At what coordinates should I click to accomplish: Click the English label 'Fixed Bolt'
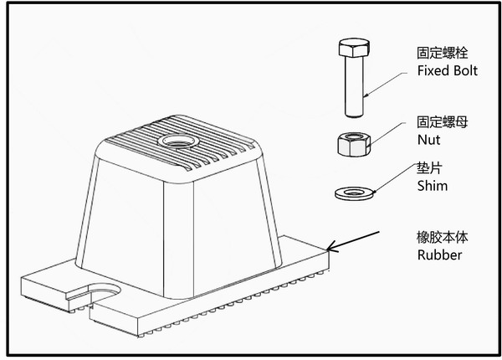pyautogui.click(x=447, y=70)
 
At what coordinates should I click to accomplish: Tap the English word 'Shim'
pyautogui.click(x=432, y=186)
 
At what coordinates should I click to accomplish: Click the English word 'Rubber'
pyautogui.click(x=438, y=255)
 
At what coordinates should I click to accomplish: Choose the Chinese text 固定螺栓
pyautogui.click(x=442, y=52)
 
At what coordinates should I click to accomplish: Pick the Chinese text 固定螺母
pyautogui.click(x=442, y=122)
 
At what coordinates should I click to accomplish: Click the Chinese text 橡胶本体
pyautogui.click(x=442, y=237)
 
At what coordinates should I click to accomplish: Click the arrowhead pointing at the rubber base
pyautogui.click(x=331, y=246)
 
